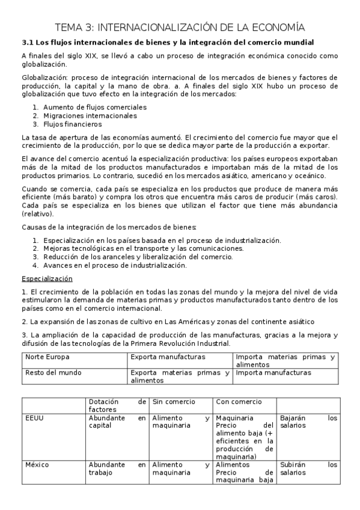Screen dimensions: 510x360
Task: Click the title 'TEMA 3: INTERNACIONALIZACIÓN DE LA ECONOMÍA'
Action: [x=180, y=27]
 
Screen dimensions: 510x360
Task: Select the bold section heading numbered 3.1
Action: [x=168, y=42]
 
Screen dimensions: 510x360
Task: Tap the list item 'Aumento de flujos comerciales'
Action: [x=94, y=107]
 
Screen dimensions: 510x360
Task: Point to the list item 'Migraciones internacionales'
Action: [x=90, y=115]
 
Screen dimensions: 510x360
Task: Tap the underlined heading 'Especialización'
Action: [x=47, y=278]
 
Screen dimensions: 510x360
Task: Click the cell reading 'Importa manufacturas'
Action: [x=273, y=373]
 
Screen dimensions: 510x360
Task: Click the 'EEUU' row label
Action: [x=35, y=417]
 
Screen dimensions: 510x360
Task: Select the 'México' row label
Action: [x=37, y=464]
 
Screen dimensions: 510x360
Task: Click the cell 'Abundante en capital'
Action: [x=117, y=421]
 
